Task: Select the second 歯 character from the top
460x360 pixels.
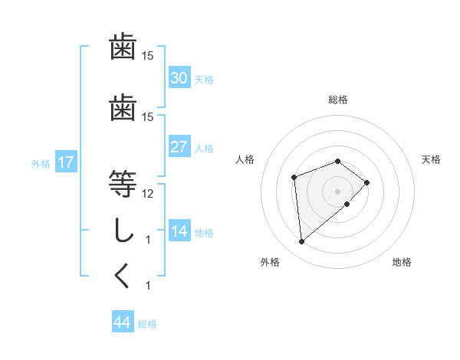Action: tap(123, 107)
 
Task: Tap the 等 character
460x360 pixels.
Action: tap(123, 184)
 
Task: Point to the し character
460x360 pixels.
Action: tap(123, 230)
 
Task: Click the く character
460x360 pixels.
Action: tap(123, 276)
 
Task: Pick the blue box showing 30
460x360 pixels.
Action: tap(179, 78)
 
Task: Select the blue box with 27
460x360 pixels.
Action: tap(179, 147)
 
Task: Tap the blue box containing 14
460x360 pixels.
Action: tap(179, 232)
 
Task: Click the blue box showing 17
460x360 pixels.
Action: tap(66, 162)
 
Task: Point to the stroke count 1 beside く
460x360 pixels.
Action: tap(148, 286)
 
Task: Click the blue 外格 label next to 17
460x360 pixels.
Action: tap(41, 164)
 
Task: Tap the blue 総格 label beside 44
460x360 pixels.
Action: tap(147, 324)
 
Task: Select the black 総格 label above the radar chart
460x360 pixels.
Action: tap(338, 100)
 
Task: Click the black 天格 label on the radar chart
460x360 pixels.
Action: tap(431, 159)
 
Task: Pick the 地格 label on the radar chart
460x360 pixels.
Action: tap(402, 262)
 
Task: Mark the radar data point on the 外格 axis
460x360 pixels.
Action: tap(302, 242)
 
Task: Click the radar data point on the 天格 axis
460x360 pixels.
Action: tap(367, 182)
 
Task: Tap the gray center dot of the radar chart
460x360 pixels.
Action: tap(338, 191)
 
